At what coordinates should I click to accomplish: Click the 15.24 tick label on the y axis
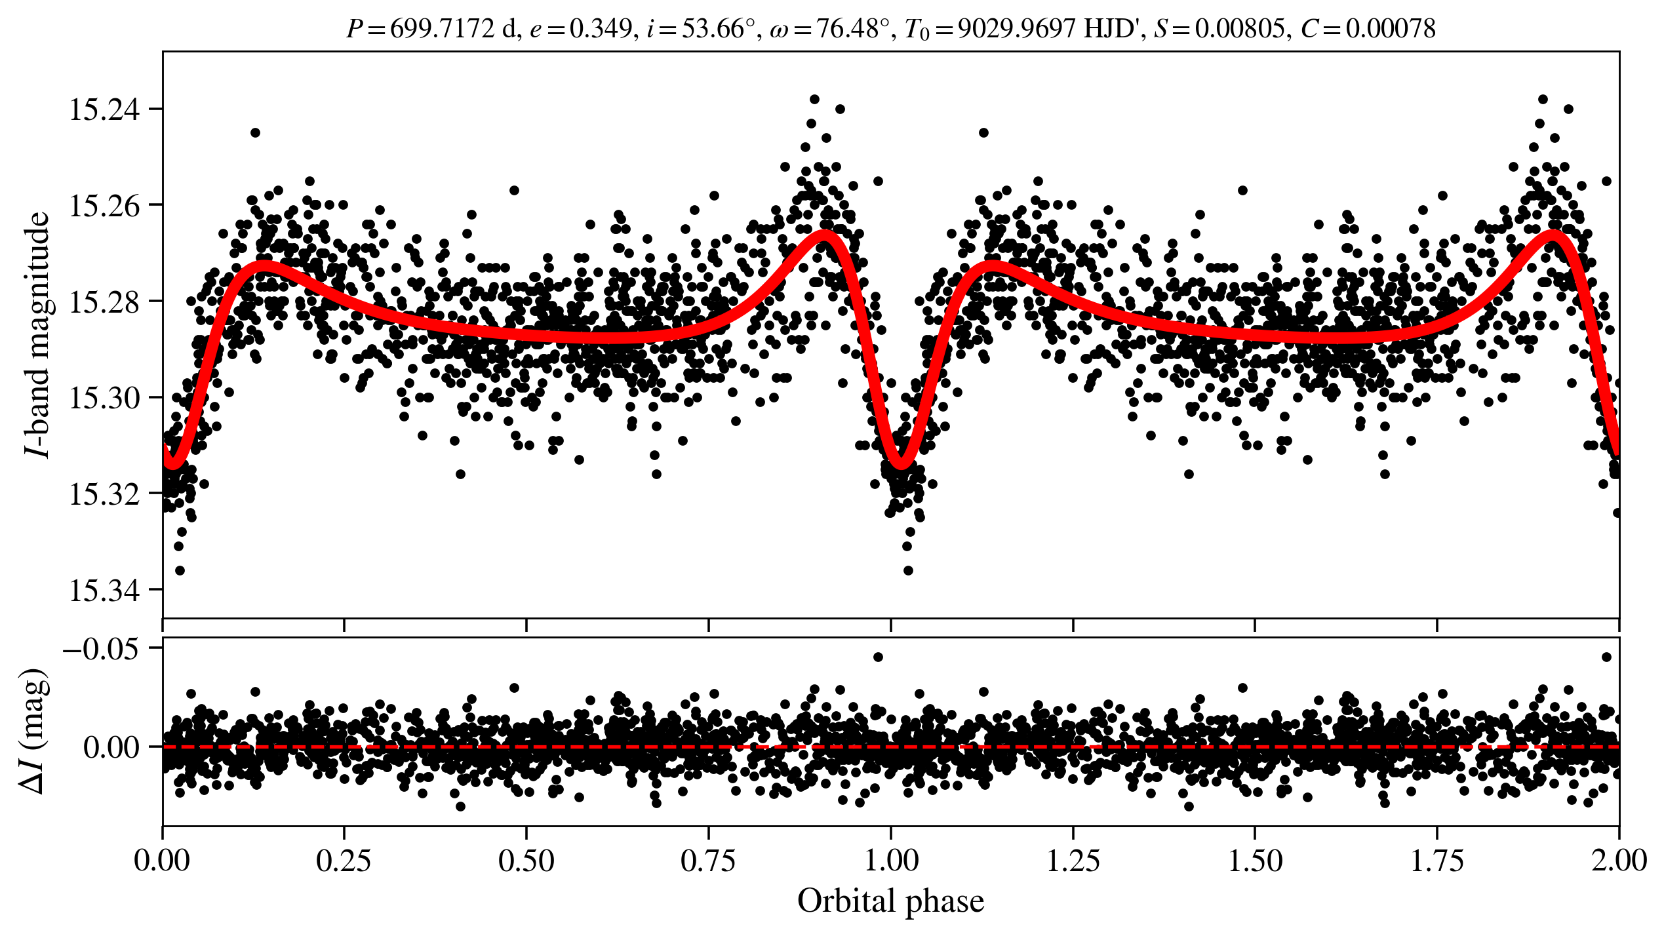pyautogui.click(x=104, y=109)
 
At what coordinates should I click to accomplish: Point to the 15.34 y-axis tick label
pyautogui.click(x=104, y=591)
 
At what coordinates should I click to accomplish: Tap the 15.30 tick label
pyautogui.click(x=104, y=398)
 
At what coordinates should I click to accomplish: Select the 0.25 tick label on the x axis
pyautogui.click(x=344, y=861)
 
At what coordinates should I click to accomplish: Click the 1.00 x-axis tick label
pyautogui.click(x=890, y=861)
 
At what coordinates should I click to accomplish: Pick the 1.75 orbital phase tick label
pyautogui.click(x=1436, y=861)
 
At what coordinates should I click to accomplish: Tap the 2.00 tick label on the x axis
pyautogui.click(x=1618, y=861)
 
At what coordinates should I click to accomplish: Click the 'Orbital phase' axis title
pyautogui.click(x=890, y=901)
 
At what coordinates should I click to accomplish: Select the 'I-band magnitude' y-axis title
pyautogui.click(x=37, y=334)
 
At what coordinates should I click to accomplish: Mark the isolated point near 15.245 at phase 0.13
pyautogui.click(x=255, y=132)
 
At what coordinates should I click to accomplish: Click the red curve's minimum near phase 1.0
pyautogui.click(x=901, y=463)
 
